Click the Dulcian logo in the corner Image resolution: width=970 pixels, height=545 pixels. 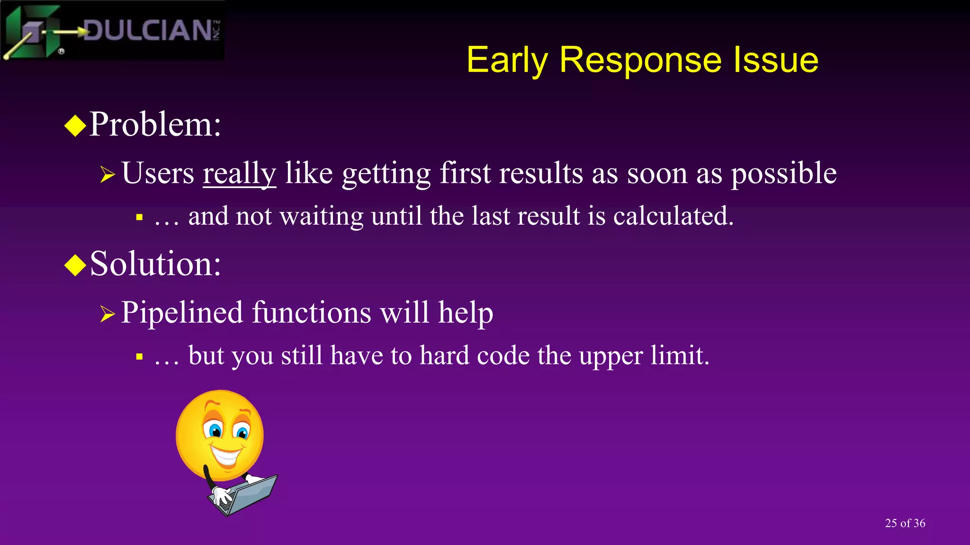point(112,30)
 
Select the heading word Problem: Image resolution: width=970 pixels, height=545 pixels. point(155,124)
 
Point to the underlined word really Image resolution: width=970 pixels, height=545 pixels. point(239,173)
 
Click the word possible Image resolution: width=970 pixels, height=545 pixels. point(783,173)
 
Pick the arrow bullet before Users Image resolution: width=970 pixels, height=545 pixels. point(108,175)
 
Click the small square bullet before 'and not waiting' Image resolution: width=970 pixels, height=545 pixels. point(139,218)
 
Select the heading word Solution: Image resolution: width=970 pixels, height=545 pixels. point(155,264)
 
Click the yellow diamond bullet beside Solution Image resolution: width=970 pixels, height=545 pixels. point(75,265)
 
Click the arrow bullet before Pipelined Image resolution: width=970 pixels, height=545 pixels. point(108,314)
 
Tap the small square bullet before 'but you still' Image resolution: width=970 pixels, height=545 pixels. point(139,357)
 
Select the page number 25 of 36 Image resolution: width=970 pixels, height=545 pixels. point(905,523)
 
